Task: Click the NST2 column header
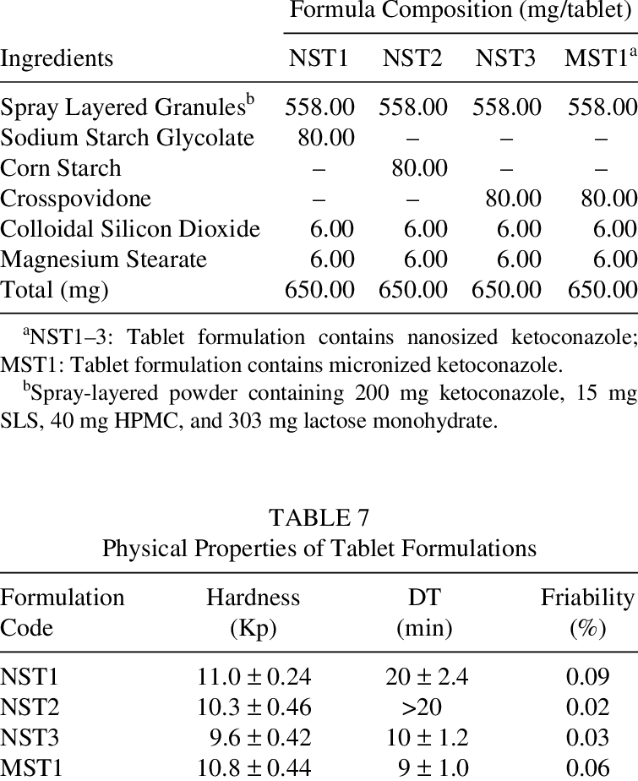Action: tap(414, 58)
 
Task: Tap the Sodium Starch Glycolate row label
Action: tap(127, 137)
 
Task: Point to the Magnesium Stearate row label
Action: tap(104, 259)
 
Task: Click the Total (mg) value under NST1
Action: tap(319, 290)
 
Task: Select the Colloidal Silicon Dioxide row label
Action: tap(130, 229)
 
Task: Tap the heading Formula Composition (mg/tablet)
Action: tap(461, 11)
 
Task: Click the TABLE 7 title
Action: tap(319, 516)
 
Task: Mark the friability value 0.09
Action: tap(588, 676)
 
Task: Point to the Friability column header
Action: tap(587, 598)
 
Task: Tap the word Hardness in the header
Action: tap(253, 598)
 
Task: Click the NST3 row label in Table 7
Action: tap(29, 737)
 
